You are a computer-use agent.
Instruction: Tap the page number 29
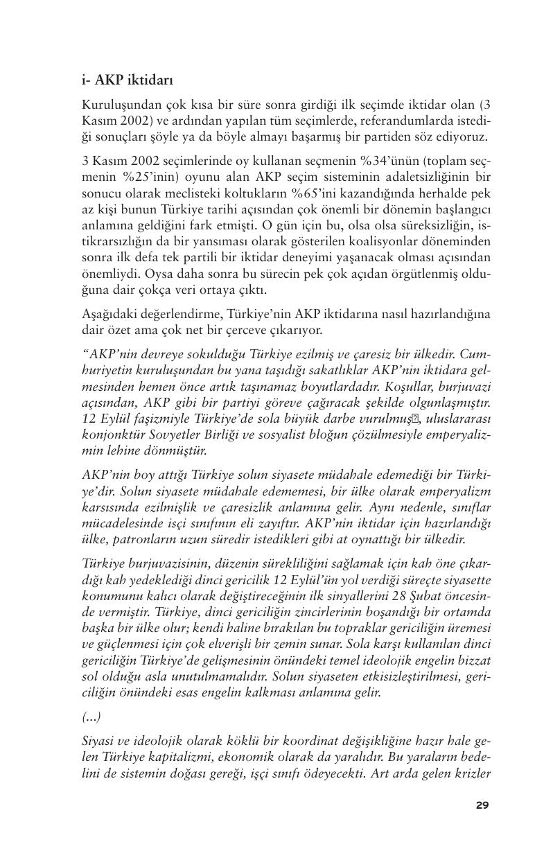pos(483,805)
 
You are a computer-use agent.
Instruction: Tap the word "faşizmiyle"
pos(150,419)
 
